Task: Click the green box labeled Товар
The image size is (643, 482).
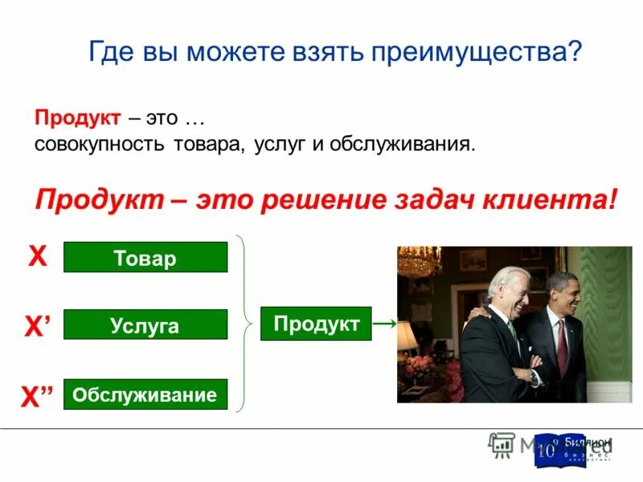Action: click(145, 257)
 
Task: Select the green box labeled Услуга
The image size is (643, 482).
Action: click(145, 325)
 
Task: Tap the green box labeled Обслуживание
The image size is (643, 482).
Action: click(145, 394)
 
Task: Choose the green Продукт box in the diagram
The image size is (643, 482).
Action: click(316, 324)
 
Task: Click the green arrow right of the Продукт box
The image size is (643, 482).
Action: click(386, 324)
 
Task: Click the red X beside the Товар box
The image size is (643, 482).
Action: click(38, 256)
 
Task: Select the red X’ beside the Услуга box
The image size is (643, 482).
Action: click(38, 325)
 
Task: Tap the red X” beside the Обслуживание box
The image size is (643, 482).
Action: click(38, 397)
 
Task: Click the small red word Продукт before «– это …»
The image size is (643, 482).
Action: click(77, 118)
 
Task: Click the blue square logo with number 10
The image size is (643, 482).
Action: click(547, 451)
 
